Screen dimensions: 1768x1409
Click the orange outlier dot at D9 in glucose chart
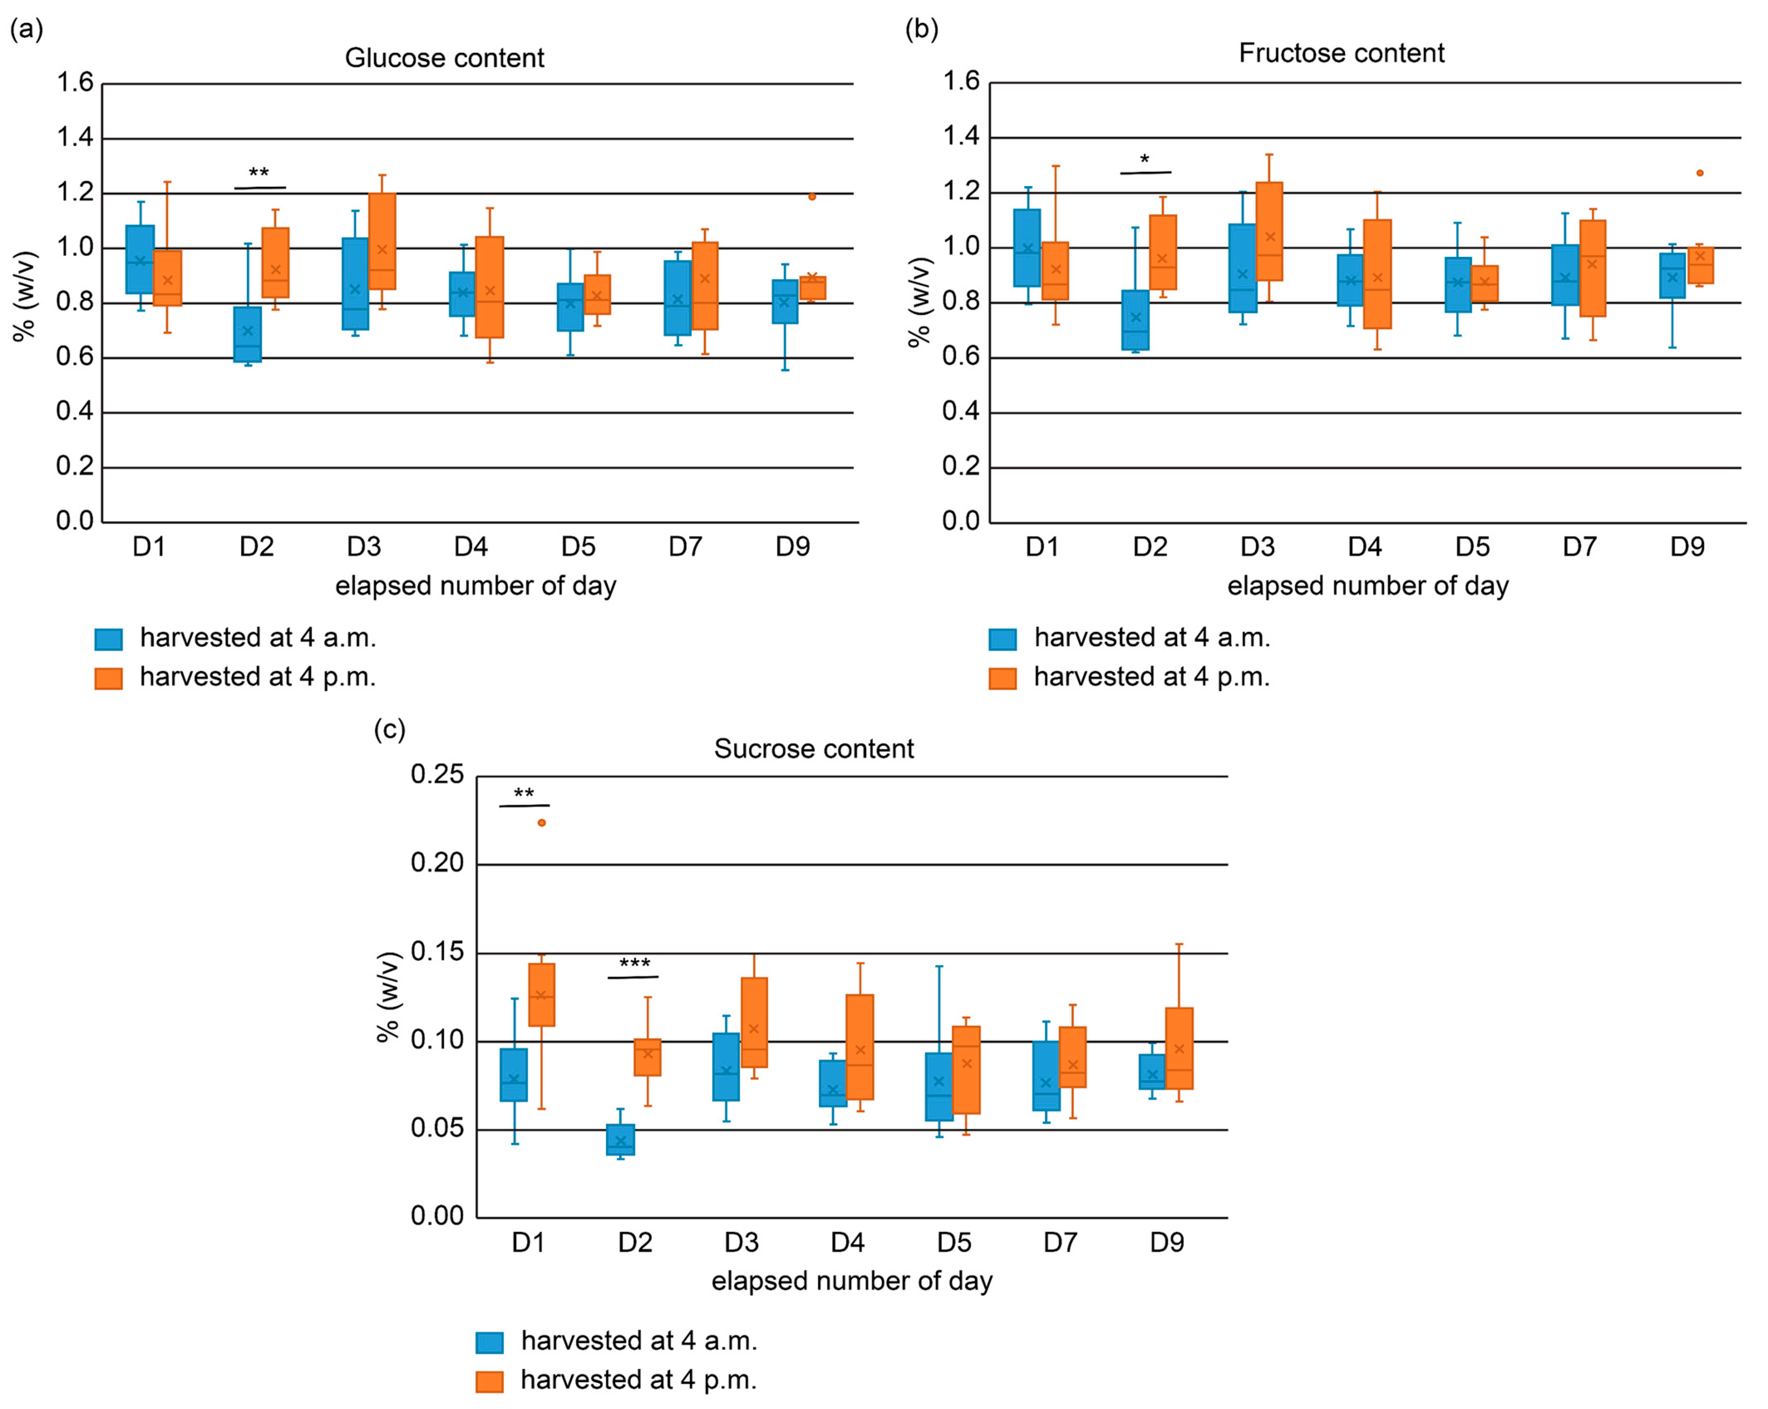coord(812,197)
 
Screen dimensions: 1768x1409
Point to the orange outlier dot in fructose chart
coord(1700,173)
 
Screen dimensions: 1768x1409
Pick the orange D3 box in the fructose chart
coord(1269,231)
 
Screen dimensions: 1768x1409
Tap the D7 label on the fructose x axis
coord(1579,547)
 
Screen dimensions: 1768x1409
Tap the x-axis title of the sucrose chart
coord(852,1281)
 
